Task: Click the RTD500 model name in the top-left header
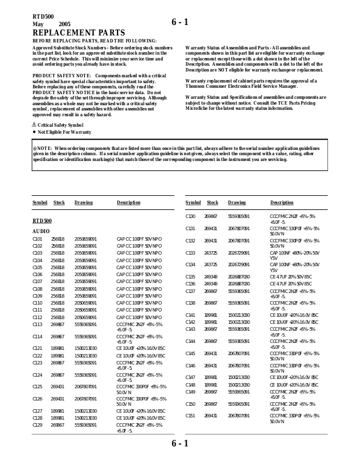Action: click(42, 15)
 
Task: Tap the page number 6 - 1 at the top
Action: click(180, 23)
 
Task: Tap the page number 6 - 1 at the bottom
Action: click(180, 444)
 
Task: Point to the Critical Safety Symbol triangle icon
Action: click(34, 125)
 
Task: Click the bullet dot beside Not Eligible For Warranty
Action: click(34, 132)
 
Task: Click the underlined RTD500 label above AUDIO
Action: click(42, 221)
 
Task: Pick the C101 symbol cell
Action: click(37, 239)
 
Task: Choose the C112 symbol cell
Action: click(37, 317)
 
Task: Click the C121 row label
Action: click(37, 348)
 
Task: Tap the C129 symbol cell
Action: click(37, 425)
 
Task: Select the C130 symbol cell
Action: click(190, 216)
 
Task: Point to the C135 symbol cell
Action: click(190, 277)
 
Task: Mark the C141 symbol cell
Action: click(190, 315)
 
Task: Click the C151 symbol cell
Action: click(190, 416)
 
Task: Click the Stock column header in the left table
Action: click(59, 203)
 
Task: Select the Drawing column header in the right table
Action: click(237, 203)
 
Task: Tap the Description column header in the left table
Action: click(129, 203)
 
